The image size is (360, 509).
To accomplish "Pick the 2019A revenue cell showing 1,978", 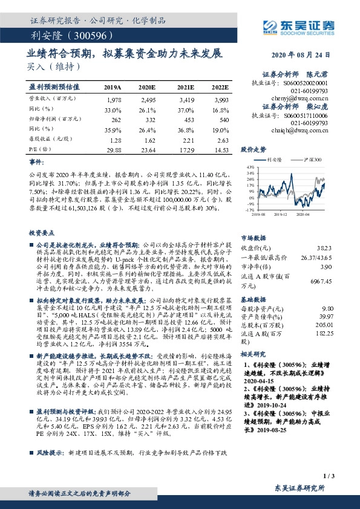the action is pyautogui.click(x=113, y=99).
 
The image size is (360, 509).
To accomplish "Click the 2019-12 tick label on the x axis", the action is pyautogui.click(x=280, y=214).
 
